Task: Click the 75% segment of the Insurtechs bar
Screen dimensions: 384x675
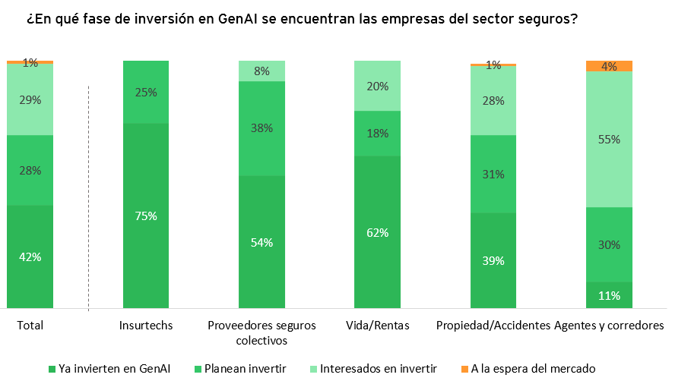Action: (146, 216)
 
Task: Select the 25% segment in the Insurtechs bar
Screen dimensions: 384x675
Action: (146, 92)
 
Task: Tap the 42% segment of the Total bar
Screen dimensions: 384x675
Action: (30, 257)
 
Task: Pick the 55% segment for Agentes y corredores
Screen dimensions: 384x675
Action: (610, 139)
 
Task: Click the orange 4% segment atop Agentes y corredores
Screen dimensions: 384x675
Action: (610, 66)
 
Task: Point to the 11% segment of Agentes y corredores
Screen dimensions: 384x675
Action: (610, 295)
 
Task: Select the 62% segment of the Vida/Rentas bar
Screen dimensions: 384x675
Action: (377, 232)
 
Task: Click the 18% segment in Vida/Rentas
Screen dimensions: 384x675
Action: (377, 133)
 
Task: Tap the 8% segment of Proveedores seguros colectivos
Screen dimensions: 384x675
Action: (261, 71)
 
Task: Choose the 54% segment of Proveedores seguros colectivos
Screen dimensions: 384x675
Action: (261, 242)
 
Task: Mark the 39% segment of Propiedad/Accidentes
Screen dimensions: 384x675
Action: (493, 260)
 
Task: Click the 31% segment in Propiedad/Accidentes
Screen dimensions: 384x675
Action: (493, 174)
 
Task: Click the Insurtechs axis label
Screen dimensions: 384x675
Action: (146, 326)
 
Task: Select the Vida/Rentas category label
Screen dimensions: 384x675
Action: (377, 326)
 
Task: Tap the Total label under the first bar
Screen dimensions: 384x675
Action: (30, 326)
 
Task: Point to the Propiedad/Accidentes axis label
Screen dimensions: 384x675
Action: (493, 326)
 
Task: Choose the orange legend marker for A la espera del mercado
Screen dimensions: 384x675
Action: (464, 370)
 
